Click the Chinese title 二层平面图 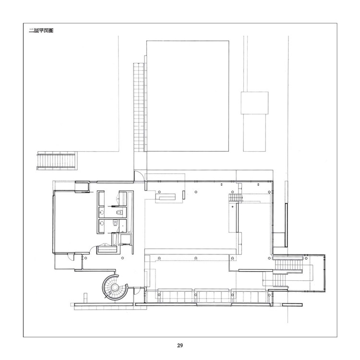(x=41, y=31)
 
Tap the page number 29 (x=180, y=345)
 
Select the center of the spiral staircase (x=114, y=287)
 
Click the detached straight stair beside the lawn (x=56, y=161)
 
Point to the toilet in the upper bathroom (x=119, y=212)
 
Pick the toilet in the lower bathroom (x=115, y=222)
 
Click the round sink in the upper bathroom (x=102, y=212)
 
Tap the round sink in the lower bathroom (x=102, y=223)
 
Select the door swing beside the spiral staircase (x=137, y=291)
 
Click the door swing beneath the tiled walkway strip (x=139, y=176)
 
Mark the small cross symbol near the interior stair (x=233, y=206)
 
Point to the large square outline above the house (x=188, y=96)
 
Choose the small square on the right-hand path (x=254, y=103)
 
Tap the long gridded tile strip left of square (x=139, y=107)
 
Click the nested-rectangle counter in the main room (x=166, y=197)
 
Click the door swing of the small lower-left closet (x=71, y=257)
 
